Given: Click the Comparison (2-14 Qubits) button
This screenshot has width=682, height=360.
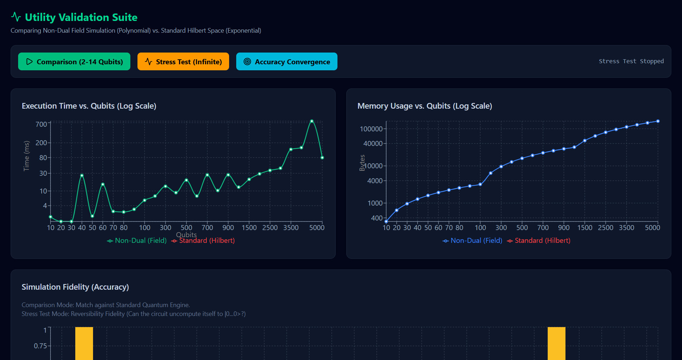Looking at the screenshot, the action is (74, 61).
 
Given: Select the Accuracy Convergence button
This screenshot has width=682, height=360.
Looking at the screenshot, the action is (287, 61).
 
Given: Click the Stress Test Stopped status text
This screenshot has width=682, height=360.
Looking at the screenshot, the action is (631, 61).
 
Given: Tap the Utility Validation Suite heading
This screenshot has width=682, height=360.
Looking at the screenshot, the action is (81, 17).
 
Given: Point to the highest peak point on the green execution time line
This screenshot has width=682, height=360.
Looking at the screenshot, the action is (312, 121).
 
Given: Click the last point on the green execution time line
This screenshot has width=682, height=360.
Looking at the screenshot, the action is (322, 158).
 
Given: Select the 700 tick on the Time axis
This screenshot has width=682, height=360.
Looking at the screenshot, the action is (41, 124).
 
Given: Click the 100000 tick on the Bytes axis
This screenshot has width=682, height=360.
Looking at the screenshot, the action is (371, 129).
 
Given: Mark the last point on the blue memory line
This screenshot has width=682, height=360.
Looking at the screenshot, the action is (658, 121).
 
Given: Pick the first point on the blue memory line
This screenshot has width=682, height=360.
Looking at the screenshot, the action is (386, 222).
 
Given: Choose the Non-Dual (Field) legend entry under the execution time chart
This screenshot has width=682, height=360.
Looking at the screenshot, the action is (137, 241).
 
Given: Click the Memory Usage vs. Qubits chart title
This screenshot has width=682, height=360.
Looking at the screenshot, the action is (425, 106).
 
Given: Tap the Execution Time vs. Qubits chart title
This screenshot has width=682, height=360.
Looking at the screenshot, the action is (89, 106).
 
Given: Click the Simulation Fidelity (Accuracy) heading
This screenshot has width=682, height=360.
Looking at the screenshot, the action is (75, 287).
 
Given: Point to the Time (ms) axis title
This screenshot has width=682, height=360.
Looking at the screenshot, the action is (26, 156).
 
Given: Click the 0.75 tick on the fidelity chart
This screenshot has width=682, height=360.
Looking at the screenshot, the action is (40, 346).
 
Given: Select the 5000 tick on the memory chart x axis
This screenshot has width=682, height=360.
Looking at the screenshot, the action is (653, 228).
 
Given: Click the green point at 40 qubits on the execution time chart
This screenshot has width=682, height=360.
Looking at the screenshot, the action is (82, 175).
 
